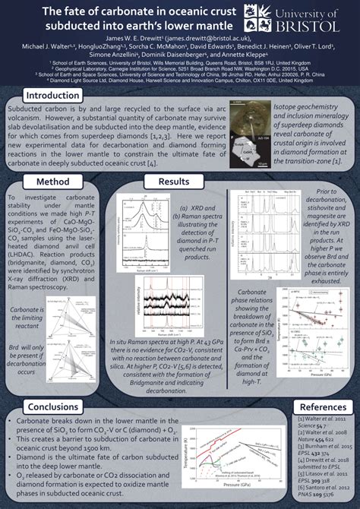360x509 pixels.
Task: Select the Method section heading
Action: pos(53,182)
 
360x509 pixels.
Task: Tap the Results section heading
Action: pos(174,182)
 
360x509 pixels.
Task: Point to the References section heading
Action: pos(323,408)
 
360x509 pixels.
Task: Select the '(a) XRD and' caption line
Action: pos(187,207)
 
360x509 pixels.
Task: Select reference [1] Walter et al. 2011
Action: pos(325,422)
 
